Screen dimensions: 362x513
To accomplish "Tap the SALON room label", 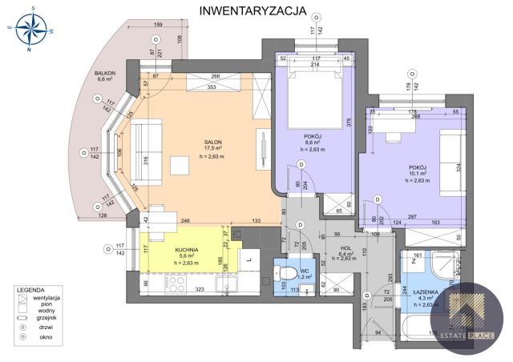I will (212, 142).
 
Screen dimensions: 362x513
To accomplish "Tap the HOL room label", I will (345, 249).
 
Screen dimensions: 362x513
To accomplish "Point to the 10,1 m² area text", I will (416, 174).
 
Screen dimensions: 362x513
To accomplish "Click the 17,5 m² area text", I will (212, 149).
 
